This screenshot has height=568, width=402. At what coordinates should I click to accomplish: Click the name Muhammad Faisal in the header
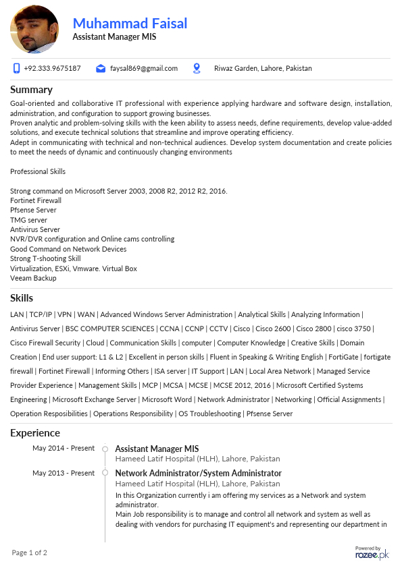point(130,24)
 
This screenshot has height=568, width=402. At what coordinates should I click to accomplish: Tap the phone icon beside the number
point(17,68)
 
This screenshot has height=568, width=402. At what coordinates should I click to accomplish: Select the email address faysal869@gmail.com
point(143,68)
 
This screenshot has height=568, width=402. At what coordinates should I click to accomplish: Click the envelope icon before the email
point(101,68)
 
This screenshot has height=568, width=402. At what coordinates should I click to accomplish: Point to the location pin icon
point(197,68)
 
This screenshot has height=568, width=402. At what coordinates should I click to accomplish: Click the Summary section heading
point(31,90)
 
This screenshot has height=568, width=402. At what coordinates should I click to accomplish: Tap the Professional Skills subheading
point(38,171)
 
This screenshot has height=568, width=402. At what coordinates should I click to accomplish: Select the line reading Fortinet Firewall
point(36,200)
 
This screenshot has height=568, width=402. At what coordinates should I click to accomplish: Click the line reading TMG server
point(28,220)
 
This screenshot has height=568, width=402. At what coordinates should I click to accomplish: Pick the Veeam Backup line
point(33,278)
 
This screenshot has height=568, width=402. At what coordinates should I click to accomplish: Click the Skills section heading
point(22,298)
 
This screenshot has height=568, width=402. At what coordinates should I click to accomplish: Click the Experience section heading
point(35,433)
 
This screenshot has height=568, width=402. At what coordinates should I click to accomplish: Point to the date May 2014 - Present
point(64,448)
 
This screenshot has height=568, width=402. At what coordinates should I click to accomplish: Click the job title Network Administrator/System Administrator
point(198,473)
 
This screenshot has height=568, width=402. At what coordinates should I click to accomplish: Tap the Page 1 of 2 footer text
point(30,553)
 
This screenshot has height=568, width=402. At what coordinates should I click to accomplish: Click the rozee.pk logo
point(372,554)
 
